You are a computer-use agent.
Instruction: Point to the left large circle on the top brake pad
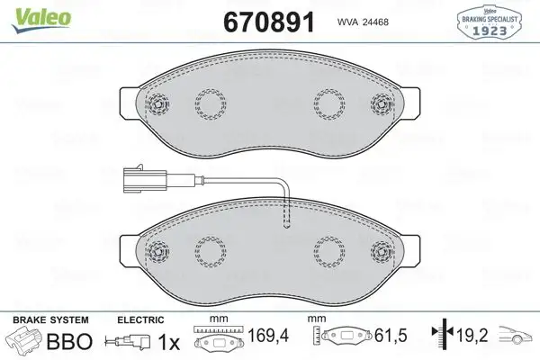pyautogui.click(x=214, y=105)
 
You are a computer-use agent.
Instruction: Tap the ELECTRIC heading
pyautogui.click(x=141, y=319)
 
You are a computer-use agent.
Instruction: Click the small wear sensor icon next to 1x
pyautogui.click(x=126, y=342)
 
